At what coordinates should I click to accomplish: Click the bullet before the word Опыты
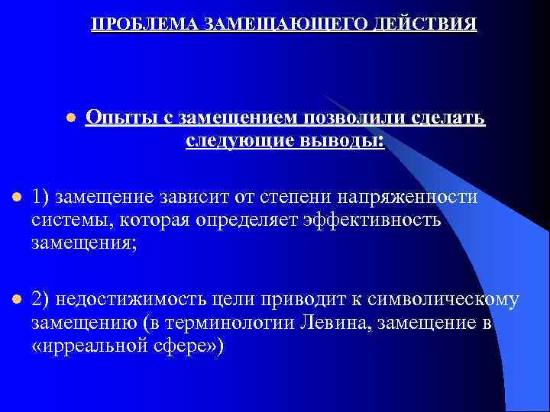click(x=70, y=119)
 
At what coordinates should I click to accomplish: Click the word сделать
click(x=447, y=118)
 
